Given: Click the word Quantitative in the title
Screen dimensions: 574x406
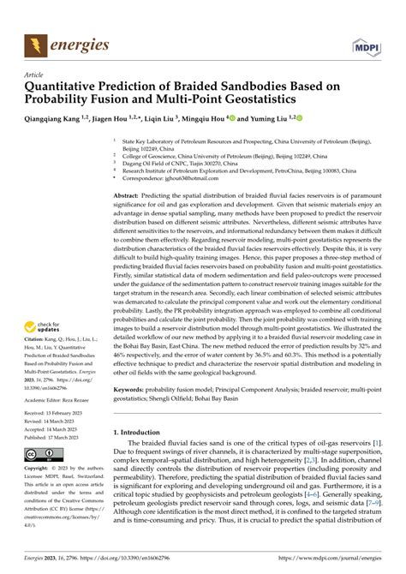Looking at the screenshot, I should pyautogui.click(x=71, y=87).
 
